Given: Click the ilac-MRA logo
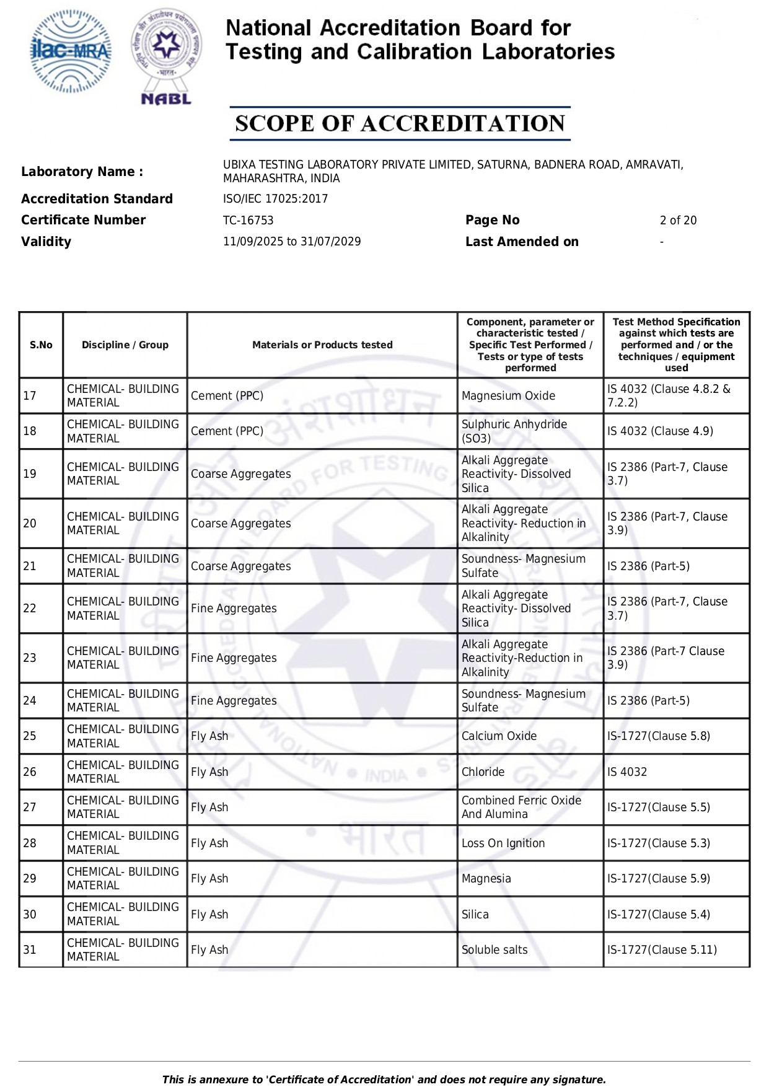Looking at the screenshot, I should click(x=71, y=51).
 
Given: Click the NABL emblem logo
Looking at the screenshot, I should click(x=166, y=56).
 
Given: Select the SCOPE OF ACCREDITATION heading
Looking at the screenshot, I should click(x=400, y=123).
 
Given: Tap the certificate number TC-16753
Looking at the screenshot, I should click(x=248, y=221).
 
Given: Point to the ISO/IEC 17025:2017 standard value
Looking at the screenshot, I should click(x=275, y=199).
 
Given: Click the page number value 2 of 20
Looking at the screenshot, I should click(x=678, y=221).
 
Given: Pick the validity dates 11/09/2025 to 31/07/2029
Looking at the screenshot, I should click(x=292, y=242).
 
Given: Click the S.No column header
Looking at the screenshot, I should click(x=41, y=345).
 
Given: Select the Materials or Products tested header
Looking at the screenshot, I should click(x=322, y=345).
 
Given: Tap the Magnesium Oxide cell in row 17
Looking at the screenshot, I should click(x=508, y=396).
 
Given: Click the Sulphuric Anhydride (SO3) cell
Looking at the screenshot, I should click(x=514, y=431).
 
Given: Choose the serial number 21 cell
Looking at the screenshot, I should click(x=30, y=566).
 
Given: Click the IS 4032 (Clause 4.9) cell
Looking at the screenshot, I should click(x=660, y=431).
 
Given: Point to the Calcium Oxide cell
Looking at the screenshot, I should click(x=499, y=736).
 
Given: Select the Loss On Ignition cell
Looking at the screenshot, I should click(x=503, y=843).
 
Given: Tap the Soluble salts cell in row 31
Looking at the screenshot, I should click(x=494, y=950).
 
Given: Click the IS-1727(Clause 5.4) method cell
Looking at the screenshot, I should click(x=659, y=915).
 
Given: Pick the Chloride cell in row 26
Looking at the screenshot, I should click(x=483, y=772).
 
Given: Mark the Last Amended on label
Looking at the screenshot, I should click(x=522, y=242).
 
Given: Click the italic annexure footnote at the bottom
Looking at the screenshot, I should click(x=384, y=1080).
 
